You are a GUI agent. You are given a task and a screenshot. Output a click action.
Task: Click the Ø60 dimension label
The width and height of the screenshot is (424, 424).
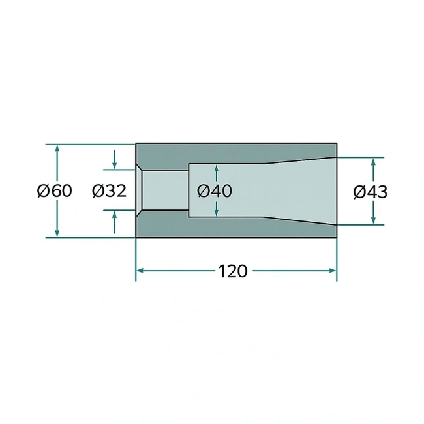[x=54, y=190]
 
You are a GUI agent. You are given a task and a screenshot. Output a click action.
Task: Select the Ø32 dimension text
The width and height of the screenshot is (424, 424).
[x=109, y=190]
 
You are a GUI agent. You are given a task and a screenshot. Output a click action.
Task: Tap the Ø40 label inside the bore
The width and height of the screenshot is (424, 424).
[x=215, y=190]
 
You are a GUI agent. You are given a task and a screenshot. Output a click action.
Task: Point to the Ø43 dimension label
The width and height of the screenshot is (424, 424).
[x=371, y=192]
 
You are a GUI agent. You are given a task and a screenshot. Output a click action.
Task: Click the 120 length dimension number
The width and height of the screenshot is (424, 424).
[x=233, y=271]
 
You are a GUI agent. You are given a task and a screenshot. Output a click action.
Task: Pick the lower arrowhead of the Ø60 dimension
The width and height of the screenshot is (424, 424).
[x=57, y=233]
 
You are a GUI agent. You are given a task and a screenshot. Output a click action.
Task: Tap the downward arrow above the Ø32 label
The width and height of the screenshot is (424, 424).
[x=114, y=160]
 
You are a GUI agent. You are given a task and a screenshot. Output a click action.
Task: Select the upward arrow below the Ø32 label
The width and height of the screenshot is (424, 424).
[x=114, y=222]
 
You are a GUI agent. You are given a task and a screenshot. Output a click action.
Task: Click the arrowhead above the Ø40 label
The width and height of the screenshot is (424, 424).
[x=216, y=169]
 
